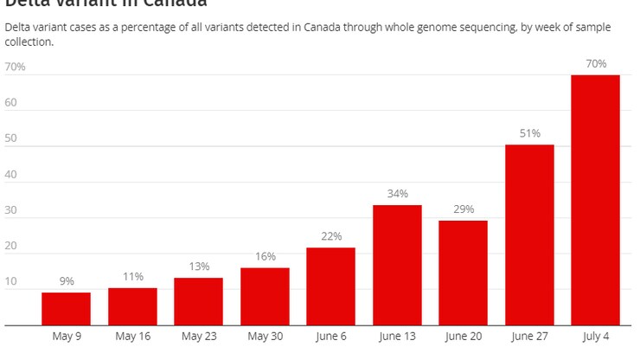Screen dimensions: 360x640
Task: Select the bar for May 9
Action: point(67,309)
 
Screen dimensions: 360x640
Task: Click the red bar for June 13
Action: point(397,265)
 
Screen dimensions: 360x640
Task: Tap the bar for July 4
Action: point(595,200)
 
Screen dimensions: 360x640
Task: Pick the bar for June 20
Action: point(463,273)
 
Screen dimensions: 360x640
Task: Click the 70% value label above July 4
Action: point(595,63)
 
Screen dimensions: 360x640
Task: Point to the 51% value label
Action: point(529,132)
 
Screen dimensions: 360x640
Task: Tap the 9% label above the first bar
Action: point(67,281)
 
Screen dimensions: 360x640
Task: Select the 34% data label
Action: point(397,193)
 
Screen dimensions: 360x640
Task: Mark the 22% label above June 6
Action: point(331,235)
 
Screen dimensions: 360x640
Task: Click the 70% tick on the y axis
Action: point(15,67)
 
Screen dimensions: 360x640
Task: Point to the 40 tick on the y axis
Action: point(11,174)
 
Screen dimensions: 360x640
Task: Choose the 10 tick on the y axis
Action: point(11,281)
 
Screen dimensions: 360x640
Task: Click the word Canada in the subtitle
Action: point(322,28)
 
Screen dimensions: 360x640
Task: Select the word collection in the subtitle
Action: point(27,42)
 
